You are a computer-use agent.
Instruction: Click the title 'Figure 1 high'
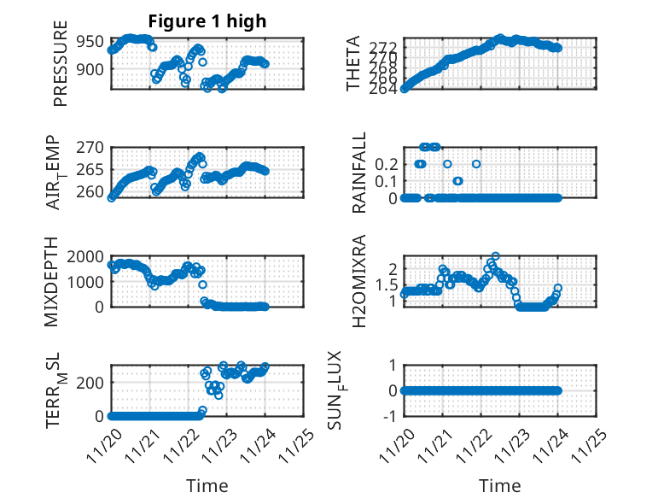[x=207, y=21]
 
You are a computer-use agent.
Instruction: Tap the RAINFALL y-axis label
[x=359, y=173]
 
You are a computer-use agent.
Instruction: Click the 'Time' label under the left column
[x=207, y=486]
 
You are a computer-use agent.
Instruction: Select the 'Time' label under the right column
[x=500, y=486]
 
